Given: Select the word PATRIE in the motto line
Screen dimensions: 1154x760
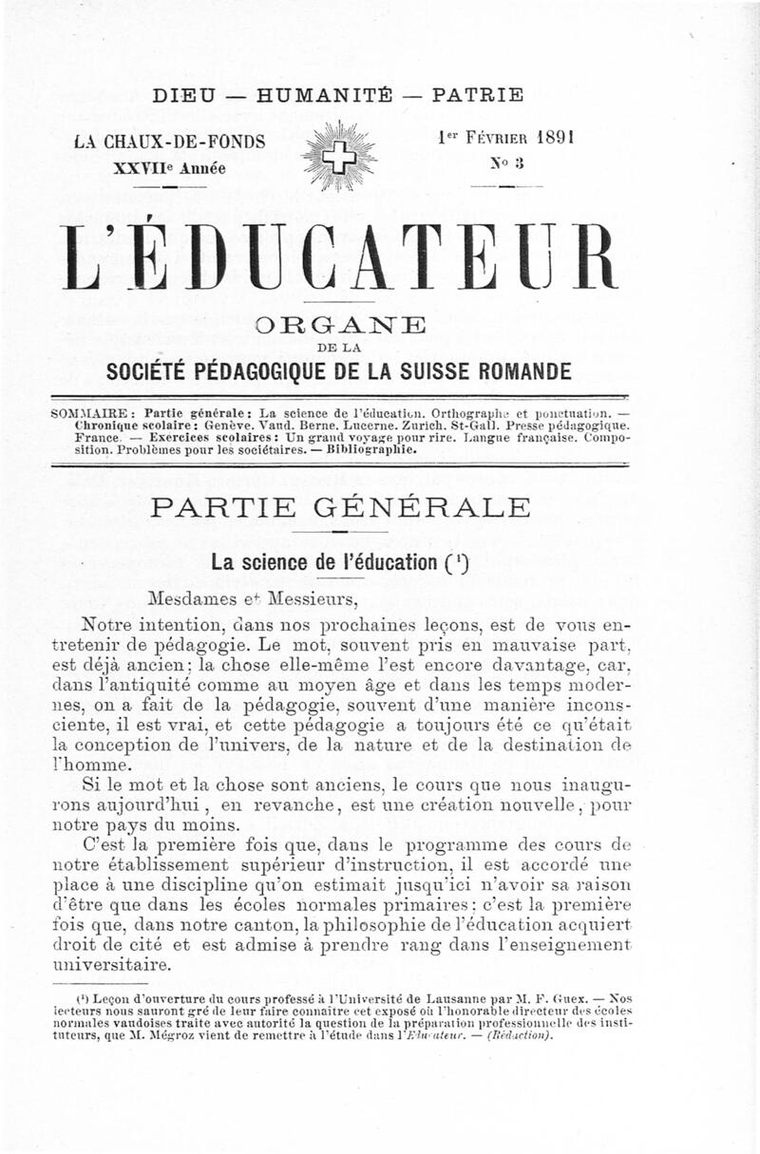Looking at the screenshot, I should point(477,95).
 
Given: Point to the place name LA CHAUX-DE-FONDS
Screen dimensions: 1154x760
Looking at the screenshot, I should point(170,142).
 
